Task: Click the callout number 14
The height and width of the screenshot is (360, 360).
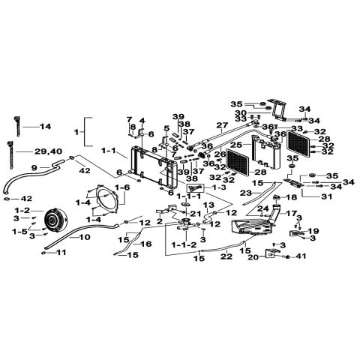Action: coord(46,127)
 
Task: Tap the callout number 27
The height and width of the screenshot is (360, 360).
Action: coord(221,125)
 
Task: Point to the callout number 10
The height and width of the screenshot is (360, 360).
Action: coord(84,238)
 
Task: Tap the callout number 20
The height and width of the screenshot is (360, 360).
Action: coord(252,256)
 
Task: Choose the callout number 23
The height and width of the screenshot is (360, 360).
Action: coord(245,193)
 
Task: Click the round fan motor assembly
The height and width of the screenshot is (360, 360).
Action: coord(53,218)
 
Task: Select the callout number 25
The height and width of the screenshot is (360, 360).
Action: coord(235,144)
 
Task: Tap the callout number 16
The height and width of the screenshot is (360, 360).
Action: coord(147,244)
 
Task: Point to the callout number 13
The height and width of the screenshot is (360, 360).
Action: coord(209,205)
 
